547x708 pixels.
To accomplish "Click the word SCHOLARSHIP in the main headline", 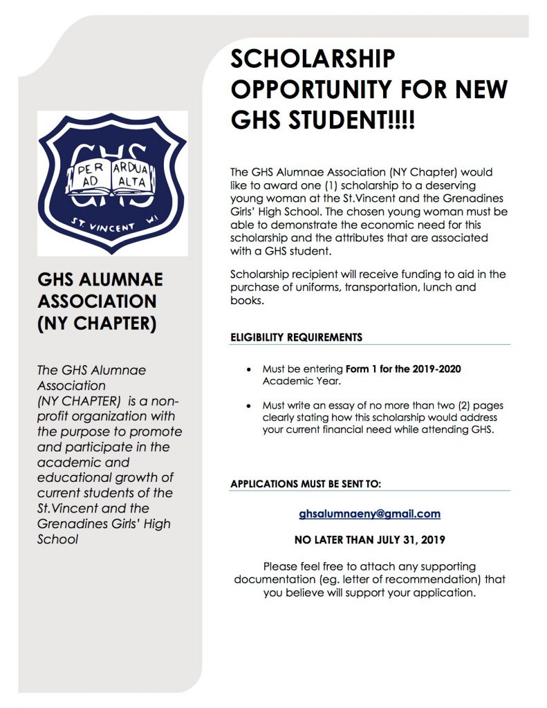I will [313, 59].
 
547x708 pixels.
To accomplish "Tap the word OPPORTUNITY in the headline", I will [323, 90].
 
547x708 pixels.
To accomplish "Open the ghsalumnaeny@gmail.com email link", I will [369, 514].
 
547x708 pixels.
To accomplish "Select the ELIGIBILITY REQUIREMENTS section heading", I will [296, 337].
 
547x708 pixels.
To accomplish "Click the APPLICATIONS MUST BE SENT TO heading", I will [305, 484].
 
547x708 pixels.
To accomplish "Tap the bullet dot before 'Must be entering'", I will [248, 370].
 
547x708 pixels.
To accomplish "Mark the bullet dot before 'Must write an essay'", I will [248, 406].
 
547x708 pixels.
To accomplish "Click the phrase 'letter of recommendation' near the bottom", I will [406, 579].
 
